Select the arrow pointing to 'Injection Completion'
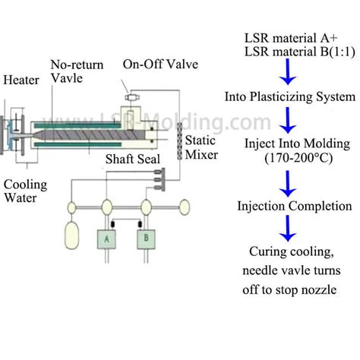286,182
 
